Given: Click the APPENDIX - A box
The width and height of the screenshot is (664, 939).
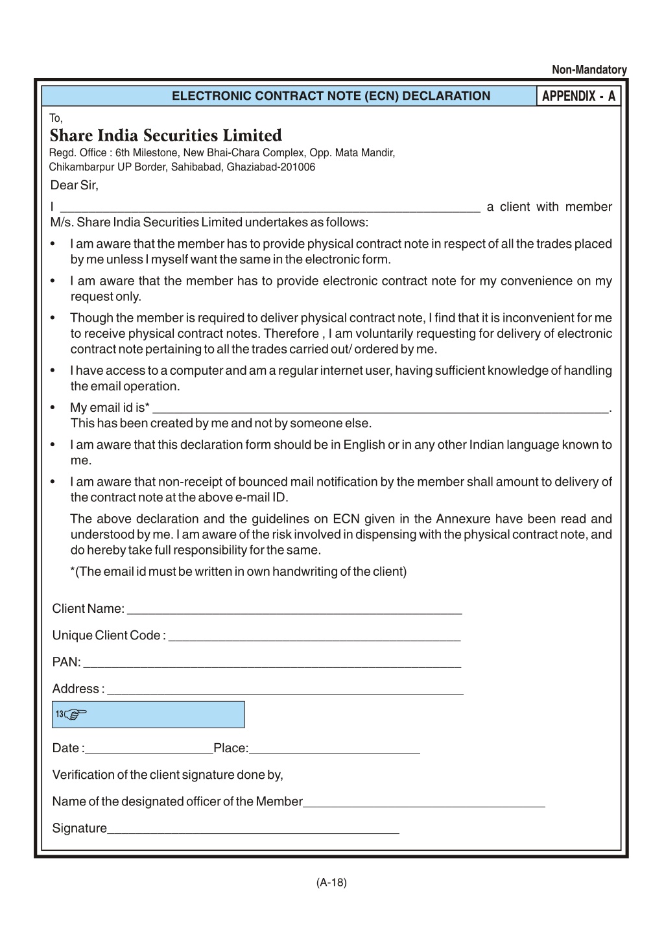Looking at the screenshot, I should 578,97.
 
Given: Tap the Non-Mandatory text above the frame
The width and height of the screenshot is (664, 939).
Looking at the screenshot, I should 589,70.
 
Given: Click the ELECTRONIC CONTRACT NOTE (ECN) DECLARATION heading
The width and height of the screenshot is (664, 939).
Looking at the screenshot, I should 331,97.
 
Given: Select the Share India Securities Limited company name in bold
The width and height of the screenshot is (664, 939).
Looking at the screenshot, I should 165,136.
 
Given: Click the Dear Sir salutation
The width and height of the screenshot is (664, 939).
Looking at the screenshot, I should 74,185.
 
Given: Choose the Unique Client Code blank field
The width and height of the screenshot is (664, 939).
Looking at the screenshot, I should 314,636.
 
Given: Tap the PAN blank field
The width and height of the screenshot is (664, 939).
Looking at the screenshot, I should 272,662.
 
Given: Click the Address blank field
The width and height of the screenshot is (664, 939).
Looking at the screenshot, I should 285,689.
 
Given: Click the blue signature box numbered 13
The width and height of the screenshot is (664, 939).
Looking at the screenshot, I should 148,715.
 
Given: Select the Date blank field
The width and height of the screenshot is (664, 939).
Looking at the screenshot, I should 149,748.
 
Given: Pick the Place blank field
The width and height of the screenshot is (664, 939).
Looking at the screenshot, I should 335,748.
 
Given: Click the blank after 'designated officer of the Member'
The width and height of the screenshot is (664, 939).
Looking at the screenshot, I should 424,802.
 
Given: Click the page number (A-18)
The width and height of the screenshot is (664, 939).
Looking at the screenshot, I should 331,883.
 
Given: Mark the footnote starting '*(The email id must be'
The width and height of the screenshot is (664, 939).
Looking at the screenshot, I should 238,572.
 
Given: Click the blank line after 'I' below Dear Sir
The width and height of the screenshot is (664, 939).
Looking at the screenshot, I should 270,208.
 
